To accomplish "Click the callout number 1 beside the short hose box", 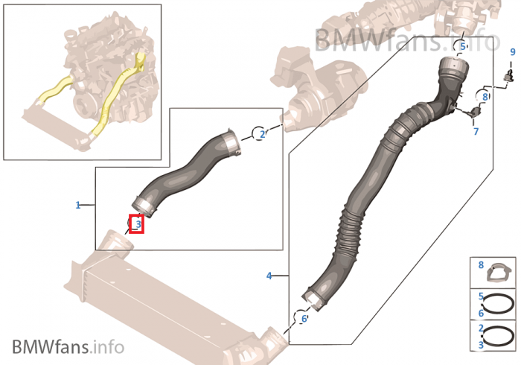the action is point(77,205).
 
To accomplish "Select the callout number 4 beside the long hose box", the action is point(269,276).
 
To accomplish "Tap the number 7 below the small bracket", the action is point(476,132).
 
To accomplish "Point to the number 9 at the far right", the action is point(513,52).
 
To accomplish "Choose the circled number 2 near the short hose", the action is point(262,134).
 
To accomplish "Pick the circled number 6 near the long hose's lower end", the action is point(304,319).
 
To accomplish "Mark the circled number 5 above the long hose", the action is point(463,46).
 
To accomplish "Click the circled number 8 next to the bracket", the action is point(485,97).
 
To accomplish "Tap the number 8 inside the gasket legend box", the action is point(481,265).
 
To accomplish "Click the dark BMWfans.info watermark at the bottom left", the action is point(68,346).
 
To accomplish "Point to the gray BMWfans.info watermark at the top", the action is point(407,40).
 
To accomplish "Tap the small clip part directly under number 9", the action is point(508,75).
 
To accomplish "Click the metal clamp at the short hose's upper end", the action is point(230,143).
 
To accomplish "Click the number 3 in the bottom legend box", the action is point(481,345).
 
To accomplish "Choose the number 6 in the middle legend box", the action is point(481,313).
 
